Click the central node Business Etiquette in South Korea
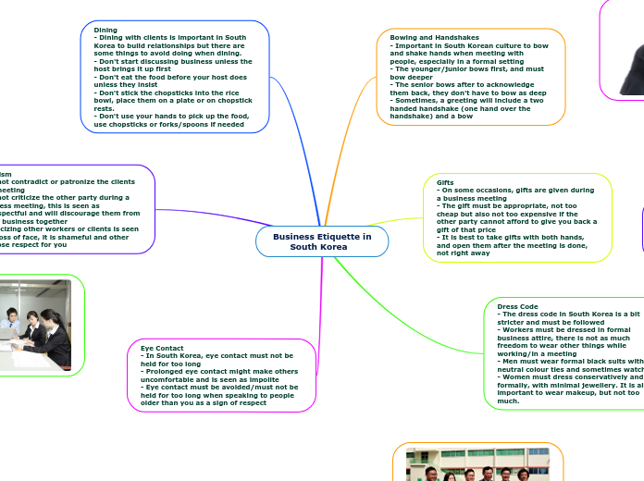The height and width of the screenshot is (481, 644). pos(322,241)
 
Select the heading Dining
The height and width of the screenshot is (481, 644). pos(105,30)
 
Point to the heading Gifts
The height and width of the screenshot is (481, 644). pos(445,182)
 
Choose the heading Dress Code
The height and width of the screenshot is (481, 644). pos(517,306)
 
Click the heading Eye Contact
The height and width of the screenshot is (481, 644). pos(162,348)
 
